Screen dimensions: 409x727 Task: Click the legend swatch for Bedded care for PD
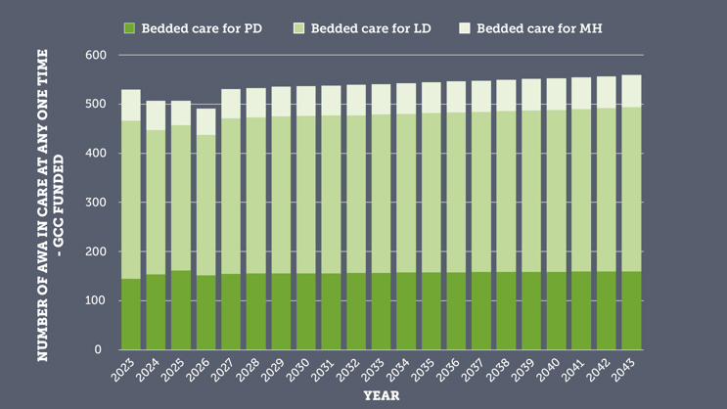click(129, 28)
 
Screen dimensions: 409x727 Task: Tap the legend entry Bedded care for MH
click(538, 28)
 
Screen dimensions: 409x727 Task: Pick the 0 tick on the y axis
click(99, 349)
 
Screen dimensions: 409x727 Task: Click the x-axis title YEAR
click(381, 396)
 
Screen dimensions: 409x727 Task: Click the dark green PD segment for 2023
click(131, 314)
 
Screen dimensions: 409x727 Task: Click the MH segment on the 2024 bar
click(157, 115)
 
